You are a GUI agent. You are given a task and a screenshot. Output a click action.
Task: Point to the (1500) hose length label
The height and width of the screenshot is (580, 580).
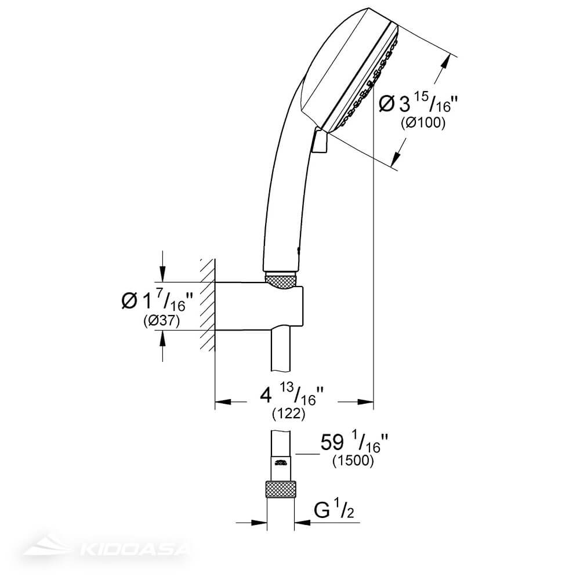coord(354,462)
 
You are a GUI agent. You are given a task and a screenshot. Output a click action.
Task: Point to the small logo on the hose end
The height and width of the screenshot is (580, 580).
coord(281,462)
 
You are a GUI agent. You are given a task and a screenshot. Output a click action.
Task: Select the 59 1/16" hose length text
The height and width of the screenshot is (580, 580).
coord(354,444)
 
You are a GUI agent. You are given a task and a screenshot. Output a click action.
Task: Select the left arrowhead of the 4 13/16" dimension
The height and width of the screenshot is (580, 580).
coord(223,400)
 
